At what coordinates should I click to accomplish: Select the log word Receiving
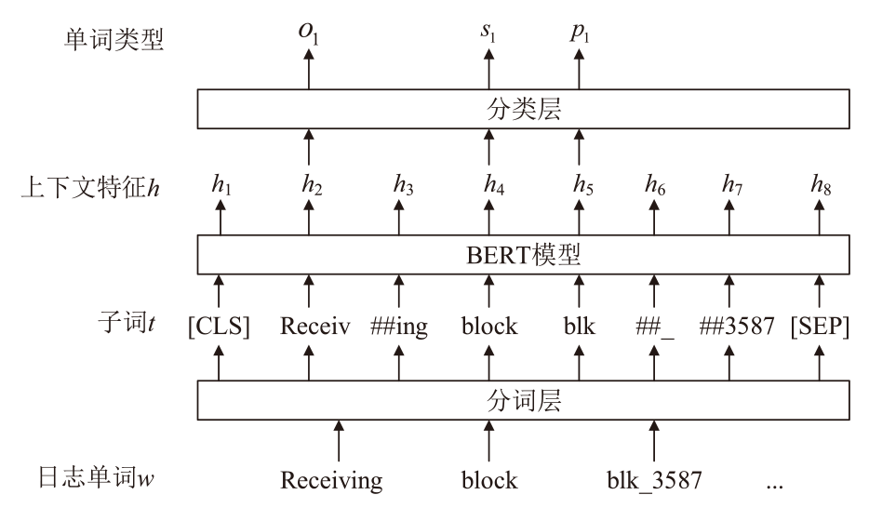pyautogui.click(x=332, y=481)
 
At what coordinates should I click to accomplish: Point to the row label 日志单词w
pyautogui.click(x=87, y=481)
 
